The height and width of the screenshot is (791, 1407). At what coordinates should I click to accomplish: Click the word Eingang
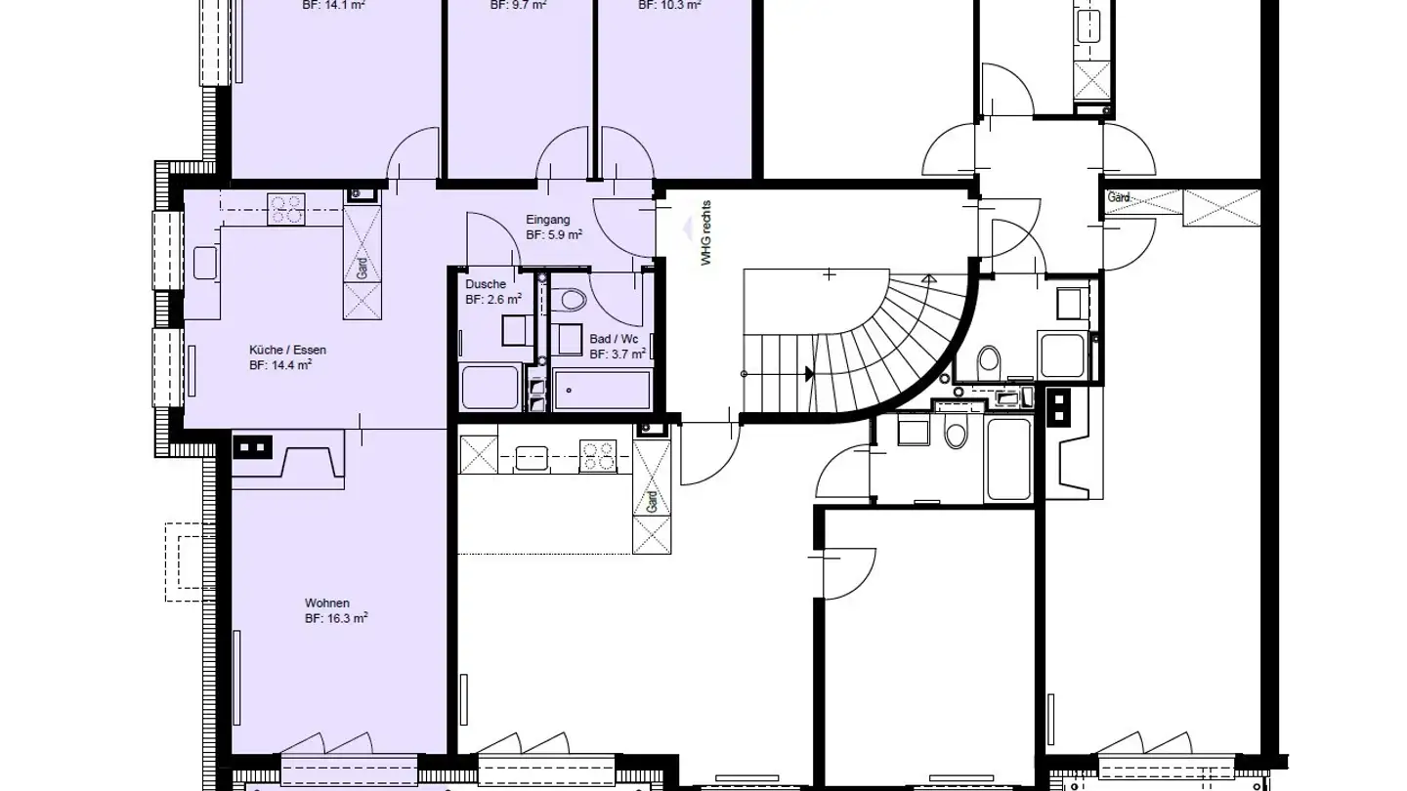[x=547, y=220]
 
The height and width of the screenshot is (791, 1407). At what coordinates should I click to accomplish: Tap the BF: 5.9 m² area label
[x=554, y=235]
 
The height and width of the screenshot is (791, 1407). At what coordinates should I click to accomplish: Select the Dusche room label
[x=486, y=284]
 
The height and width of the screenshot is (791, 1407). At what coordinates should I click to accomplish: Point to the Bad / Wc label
[x=614, y=339]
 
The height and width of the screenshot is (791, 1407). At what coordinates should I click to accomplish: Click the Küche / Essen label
[x=287, y=350]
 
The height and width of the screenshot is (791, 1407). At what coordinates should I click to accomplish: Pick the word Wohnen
[x=326, y=603]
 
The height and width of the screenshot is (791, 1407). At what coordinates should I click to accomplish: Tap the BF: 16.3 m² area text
[x=336, y=618]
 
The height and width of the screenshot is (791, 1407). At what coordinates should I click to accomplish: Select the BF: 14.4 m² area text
[x=280, y=365]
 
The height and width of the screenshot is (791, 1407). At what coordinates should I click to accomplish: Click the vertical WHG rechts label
[x=706, y=233]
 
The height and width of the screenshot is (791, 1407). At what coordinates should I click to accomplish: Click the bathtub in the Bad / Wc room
[x=602, y=390]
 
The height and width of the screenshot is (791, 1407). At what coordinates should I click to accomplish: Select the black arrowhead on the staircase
[x=809, y=374]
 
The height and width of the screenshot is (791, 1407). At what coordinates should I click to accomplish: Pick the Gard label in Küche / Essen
[x=362, y=266]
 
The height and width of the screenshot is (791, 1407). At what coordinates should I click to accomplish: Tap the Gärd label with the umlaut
[x=1119, y=198]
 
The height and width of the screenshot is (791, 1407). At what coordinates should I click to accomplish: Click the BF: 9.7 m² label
[x=518, y=5]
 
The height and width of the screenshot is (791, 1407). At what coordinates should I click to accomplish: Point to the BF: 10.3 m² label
[x=669, y=5]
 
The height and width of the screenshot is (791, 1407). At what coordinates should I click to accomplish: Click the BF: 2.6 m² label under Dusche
[x=492, y=300]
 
